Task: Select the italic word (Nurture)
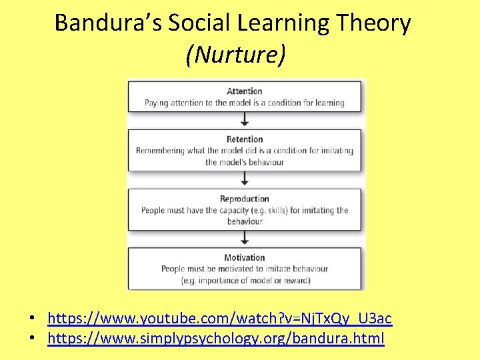pyautogui.click(x=237, y=55)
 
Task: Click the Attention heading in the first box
pyautogui.click(x=244, y=91)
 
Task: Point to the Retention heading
pyautogui.click(x=245, y=139)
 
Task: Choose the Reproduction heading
pyautogui.click(x=245, y=199)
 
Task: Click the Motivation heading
pyautogui.click(x=245, y=257)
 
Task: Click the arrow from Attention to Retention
pyautogui.click(x=245, y=120)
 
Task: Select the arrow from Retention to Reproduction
pyautogui.click(x=245, y=179)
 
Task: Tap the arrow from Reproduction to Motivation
pyautogui.click(x=245, y=238)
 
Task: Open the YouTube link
pyautogui.click(x=220, y=318)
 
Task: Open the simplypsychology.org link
pyautogui.click(x=216, y=339)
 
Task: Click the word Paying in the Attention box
pyautogui.click(x=157, y=103)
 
